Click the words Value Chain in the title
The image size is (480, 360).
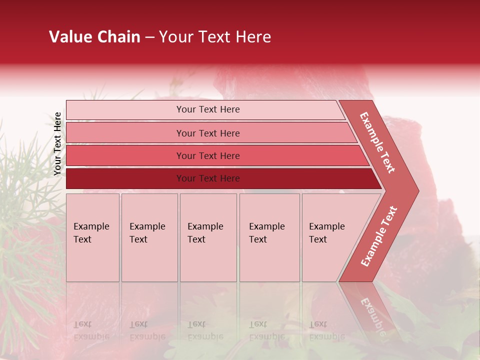(94, 37)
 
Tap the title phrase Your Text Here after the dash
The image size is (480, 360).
(215, 37)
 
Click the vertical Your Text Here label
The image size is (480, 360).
(57, 143)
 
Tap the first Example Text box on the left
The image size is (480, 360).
(92, 237)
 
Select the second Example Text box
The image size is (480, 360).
(149, 237)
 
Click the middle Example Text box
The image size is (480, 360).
(208, 237)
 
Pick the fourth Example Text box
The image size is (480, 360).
(269, 237)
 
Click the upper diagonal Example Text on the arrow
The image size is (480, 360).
(378, 142)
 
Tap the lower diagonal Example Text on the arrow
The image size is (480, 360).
(379, 236)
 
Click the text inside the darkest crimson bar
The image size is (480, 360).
(208, 178)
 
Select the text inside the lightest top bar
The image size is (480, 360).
(208, 109)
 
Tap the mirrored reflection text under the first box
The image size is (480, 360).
(91, 330)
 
